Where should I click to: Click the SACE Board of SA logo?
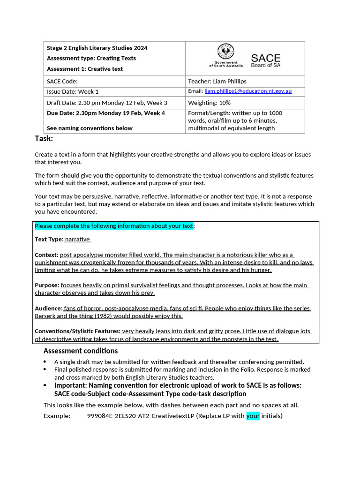point(265,60)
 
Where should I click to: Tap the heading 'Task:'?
point(44,138)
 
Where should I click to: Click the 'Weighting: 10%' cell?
point(209,103)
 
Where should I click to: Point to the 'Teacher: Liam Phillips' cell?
point(217,81)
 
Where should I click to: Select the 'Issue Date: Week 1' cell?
point(73,91)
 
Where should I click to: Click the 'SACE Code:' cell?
point(62,81)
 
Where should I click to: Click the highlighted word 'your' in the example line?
point(253,416)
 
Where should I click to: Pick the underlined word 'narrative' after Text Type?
point(77,240)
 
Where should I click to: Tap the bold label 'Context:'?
point(46,255)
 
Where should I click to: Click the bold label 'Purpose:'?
point(47,285)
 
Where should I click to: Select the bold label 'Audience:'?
point(48,308)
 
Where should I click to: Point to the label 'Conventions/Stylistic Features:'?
point(77,331)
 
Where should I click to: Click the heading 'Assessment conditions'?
point(81,351)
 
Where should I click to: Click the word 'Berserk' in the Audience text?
point(46,316)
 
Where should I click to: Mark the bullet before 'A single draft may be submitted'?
point(45,362)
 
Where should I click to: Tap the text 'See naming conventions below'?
point(90,128)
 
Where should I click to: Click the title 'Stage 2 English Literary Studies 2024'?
point(97,48)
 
